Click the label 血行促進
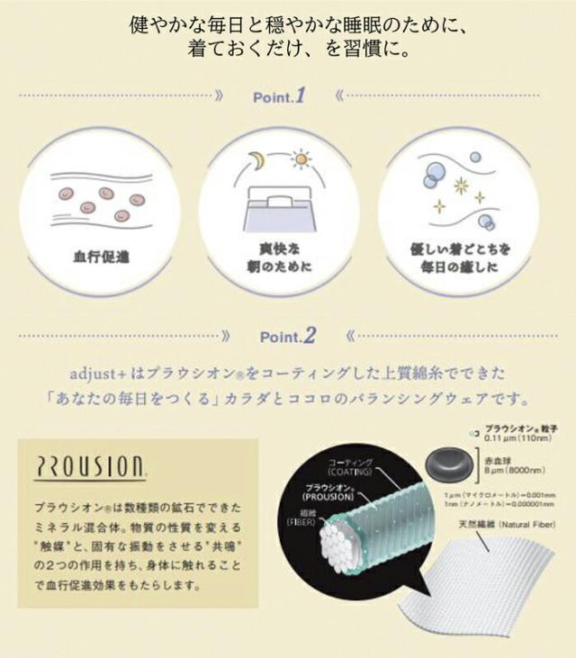click(100, 256)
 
